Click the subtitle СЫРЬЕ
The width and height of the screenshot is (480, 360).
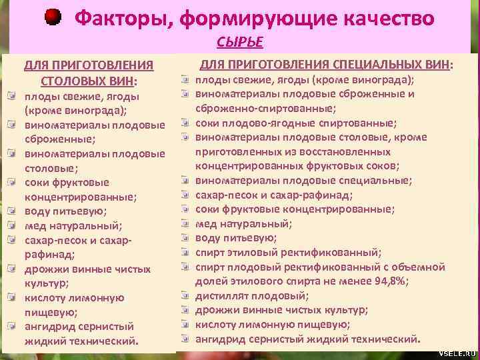(x=239, y=43)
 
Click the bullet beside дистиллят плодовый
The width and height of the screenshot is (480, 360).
(x=183, y=295)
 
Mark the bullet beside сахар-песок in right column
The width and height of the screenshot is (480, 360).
(x=183, y=195)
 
